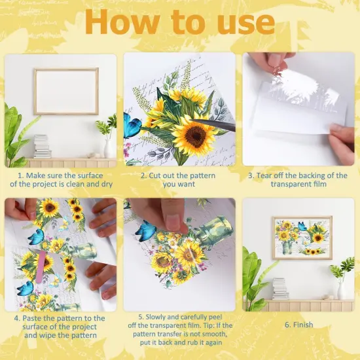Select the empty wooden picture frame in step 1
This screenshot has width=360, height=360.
coord(65,91)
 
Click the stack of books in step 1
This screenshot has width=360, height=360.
coord(41,146)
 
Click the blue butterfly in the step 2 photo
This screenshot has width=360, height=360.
coord(132,124)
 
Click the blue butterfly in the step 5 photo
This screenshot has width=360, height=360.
coord(145,231)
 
